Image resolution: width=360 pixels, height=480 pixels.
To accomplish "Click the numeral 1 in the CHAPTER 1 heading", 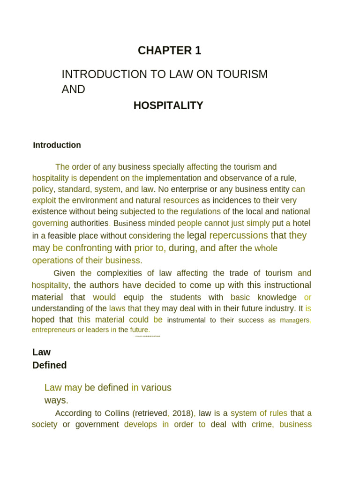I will (198, 51).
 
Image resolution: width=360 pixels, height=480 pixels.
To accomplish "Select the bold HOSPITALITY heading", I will (168, 106).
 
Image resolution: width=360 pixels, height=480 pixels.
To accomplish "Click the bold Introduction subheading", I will (57, 145).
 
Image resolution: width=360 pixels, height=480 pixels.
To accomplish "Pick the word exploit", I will (44, 201).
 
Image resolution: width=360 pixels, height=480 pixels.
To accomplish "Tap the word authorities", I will (89, 223).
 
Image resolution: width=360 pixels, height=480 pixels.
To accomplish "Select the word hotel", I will (301, 223).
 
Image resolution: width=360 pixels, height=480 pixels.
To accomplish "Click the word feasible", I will (67, 236).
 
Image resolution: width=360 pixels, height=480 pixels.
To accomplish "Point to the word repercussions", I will (239, 235).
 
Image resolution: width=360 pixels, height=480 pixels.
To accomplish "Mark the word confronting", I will (89, 248).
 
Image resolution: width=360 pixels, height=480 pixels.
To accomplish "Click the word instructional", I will (285, 285).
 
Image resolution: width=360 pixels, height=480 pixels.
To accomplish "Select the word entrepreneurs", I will (53, 330).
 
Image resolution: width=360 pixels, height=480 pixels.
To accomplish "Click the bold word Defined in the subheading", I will (49, 365).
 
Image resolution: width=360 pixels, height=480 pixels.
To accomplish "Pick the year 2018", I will (182, 413).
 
